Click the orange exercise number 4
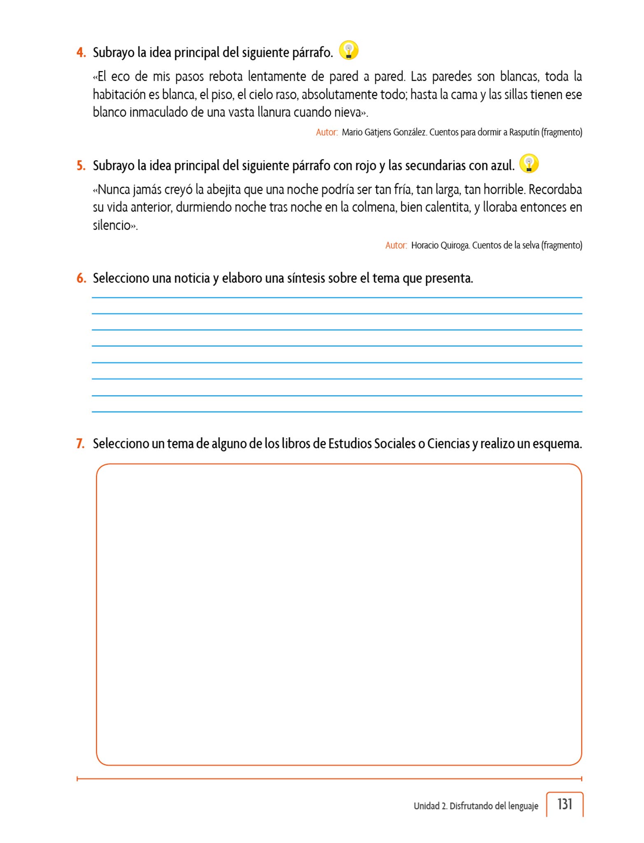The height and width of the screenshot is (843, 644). pos(81,53)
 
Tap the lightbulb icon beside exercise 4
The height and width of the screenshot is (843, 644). pos(348,51)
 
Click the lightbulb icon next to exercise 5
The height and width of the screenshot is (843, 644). pos(529,163)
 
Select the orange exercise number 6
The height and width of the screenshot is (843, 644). pos(81,278)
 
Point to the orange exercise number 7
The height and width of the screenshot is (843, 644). pos(80,444)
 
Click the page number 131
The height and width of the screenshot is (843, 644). pos(565,804)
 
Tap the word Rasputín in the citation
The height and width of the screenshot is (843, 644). pos(524,132)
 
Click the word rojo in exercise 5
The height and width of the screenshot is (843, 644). pos(365,165)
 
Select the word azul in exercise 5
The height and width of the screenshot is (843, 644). pos(501,165)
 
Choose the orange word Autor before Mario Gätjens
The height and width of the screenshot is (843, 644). pos(326,132)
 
